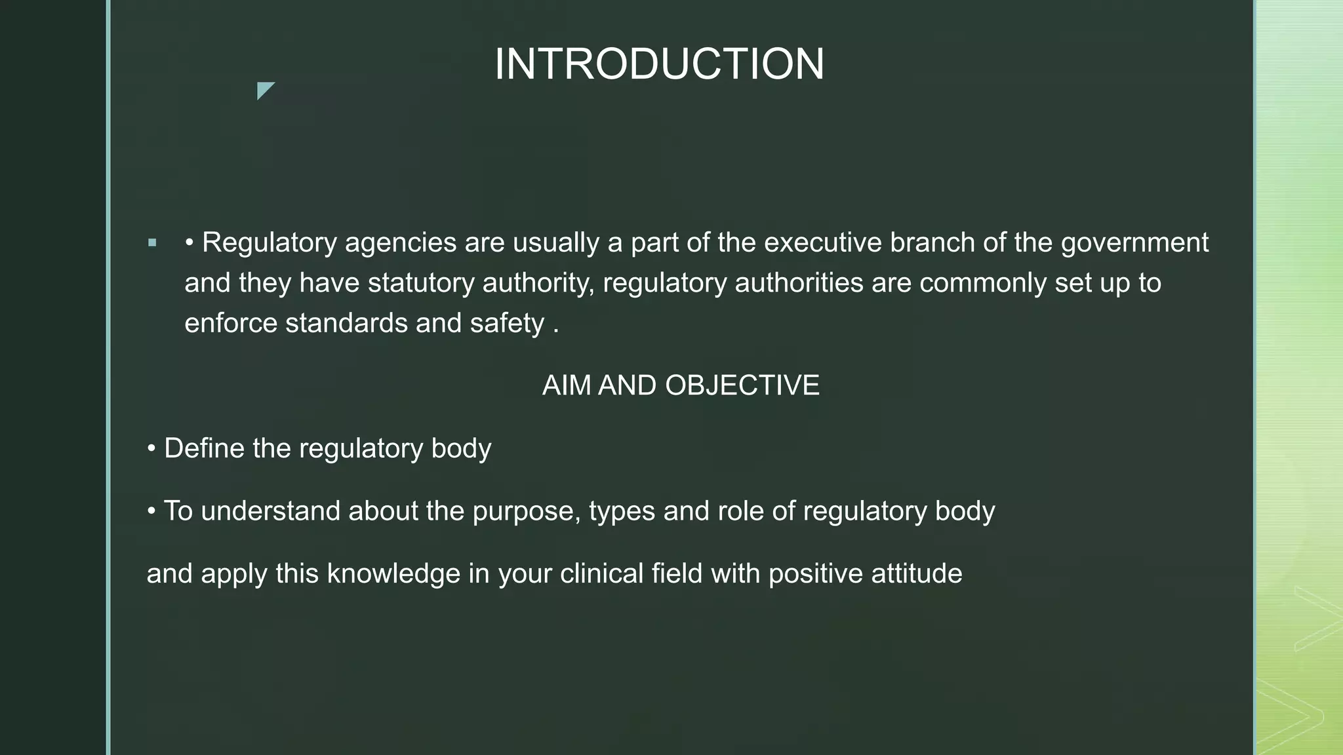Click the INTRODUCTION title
[x=659, y=64]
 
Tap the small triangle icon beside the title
[x=264, y=89]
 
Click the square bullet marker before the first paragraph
[x=152, y=243]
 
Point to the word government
[x=1134, y=243]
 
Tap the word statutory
[x=421, y=283]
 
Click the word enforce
[x=231, y=323]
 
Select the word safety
[x=507, y=323]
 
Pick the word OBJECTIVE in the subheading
[x=742, y=385]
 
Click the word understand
[x=270, y=511]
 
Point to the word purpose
[x=526, y=511]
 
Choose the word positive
[x=815, y=573]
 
